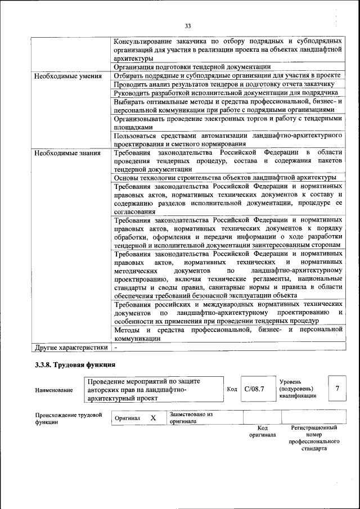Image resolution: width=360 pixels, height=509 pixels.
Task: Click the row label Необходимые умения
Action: pos(63,75)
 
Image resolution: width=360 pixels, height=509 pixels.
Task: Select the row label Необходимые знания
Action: pos(62,153)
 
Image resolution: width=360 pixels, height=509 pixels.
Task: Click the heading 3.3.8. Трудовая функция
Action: pos(75,366)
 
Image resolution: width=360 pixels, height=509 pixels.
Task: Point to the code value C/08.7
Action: pos(254,389)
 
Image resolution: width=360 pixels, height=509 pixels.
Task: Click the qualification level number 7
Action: pos(337,389)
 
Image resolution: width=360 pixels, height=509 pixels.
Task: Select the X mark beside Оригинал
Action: pos(152,418)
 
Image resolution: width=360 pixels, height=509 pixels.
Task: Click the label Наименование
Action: pos(53,390)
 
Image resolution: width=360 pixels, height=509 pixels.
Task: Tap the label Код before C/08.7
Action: pos(232,389)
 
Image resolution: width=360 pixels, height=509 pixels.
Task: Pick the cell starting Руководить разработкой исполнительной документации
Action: pos(226,92)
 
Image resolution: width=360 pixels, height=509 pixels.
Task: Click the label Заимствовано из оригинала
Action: pos(191,417)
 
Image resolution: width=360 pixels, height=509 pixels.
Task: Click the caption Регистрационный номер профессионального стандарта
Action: pos(313,438)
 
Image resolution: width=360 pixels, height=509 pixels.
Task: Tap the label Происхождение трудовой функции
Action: pos(68,418)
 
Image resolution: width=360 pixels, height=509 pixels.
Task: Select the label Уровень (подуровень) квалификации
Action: pos(298,389)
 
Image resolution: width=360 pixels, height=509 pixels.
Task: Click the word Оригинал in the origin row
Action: pos(128,418)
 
